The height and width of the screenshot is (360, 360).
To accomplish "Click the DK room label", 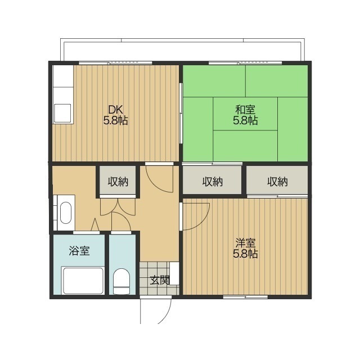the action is pos(116,110).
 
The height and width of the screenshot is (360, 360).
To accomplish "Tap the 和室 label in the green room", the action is pos(245,110).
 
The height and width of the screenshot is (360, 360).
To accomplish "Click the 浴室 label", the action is pos(79,251).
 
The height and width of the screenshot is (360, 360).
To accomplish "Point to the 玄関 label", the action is pos(160,280).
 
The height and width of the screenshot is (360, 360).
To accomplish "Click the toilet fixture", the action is pos(121,281).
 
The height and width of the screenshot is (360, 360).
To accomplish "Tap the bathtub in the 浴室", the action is pos(83,281).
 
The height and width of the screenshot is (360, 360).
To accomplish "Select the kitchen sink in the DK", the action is pos(62,114).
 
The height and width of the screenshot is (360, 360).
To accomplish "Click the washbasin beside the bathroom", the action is pos(66,213).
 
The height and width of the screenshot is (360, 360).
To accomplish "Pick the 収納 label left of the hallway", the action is pos(118,182).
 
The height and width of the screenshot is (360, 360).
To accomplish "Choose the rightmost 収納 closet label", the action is pos(277,182).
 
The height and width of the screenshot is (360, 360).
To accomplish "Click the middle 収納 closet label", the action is pos(213,182).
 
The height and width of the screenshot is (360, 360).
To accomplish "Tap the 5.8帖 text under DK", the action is pos(115,120).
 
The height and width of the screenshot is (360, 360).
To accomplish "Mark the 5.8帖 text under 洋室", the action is pos(245,254).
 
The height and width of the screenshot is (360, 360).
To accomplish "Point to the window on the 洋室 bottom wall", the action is pos(245,297).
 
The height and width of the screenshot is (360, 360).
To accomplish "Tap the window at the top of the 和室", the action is pos(245,63).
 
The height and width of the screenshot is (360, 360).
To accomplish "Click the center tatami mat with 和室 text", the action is pos(245,114).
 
